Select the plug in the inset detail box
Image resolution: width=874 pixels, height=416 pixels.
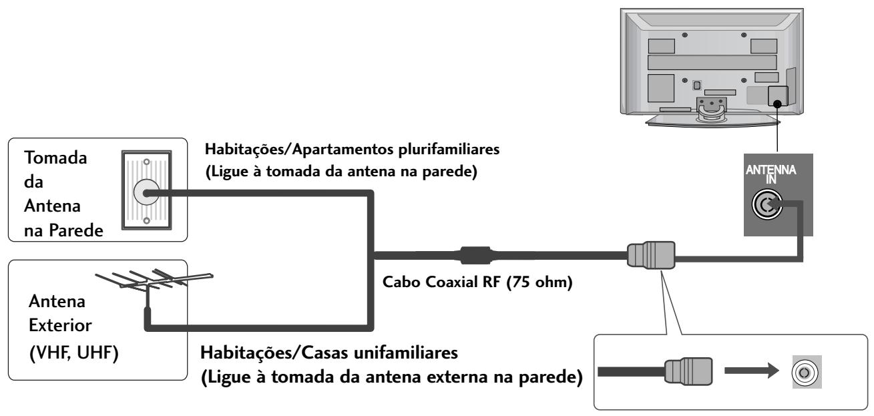click(x=688, y=369)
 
